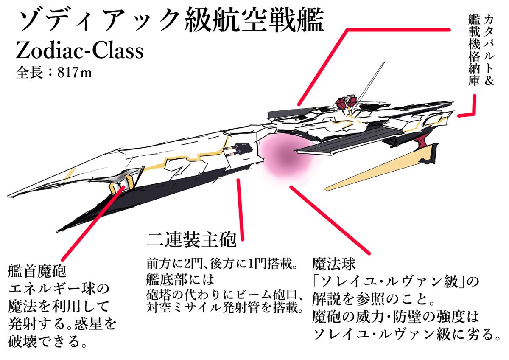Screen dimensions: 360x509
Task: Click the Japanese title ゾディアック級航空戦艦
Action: click(170, 22)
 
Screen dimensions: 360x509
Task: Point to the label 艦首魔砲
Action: click(37, 270)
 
